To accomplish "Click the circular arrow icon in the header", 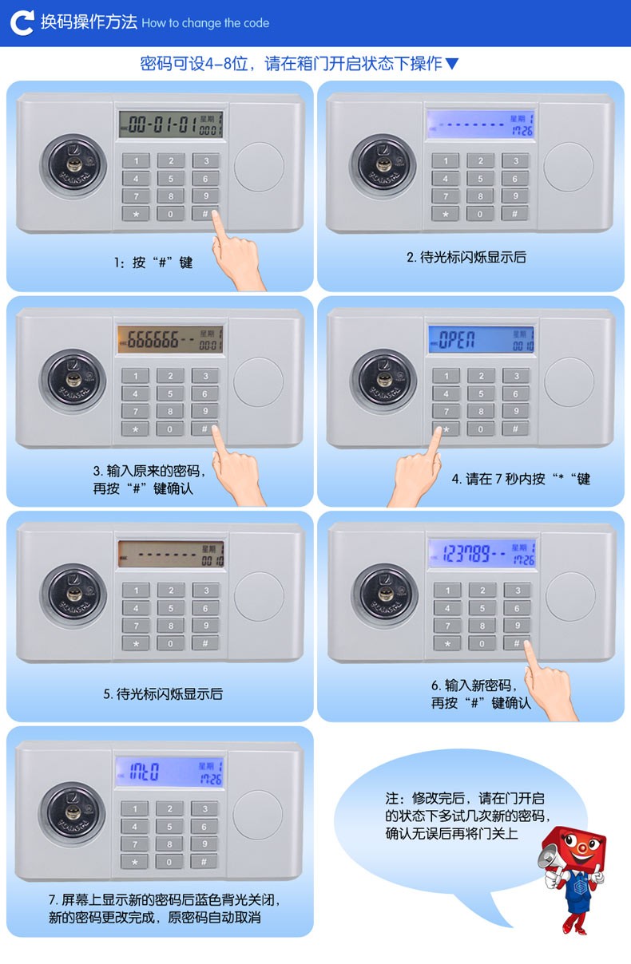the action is [x=22, y=23].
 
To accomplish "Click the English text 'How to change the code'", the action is [x=205, y=23].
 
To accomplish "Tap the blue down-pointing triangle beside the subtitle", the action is [x=452, y=64].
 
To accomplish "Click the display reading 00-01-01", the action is [x=171, y=124].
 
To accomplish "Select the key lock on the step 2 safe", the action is [x=383, y=166].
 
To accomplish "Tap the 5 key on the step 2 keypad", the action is [x=480, y=179].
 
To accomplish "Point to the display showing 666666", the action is [x=170, y=339].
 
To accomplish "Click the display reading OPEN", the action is [x=481, y=339].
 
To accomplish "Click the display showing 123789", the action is [x=482, y=553].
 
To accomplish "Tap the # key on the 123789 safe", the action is [x=517, y=643].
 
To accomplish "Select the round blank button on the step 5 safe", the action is [x=259, y=596].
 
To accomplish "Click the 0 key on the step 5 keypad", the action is [x=171, y=644].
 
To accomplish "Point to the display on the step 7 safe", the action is [x=169, y=772].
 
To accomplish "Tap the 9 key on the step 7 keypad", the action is [x=204, y=844].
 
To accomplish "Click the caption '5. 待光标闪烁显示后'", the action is [x=163, y=694].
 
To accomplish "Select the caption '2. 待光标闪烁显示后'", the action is [x=466, y=257].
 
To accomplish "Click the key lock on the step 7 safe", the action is [x=72, y=813].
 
